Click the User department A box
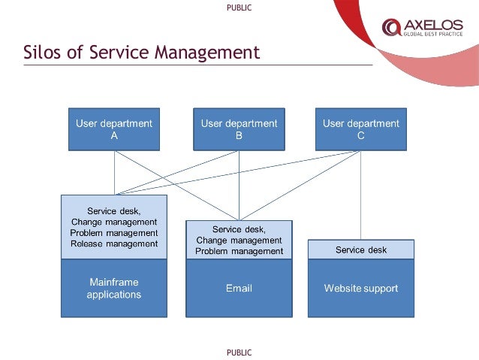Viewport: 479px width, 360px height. [x=114, y=129]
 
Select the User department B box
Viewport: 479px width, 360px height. [x=239, y=129]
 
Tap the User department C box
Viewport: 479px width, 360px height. [x=361, y=129]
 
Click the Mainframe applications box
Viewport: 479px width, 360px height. [x=114, y=288]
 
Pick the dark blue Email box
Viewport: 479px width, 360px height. [x=239, y=288]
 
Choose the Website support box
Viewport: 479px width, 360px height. [x=361, y=288]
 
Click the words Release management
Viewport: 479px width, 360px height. [x=114, y=244]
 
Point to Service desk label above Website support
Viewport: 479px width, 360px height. [x=361, y=250]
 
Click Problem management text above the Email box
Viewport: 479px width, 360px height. [x=239, y=251]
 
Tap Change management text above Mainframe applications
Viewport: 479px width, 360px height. [x=114, y=222]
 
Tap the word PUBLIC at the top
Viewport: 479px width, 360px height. [x=239, y=8]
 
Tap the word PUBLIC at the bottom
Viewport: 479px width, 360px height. [x=239, y=352]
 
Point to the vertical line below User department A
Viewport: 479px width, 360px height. [x=114, y=173]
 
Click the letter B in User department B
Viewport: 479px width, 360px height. [x=239, y=136]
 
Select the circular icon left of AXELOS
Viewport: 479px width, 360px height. [x=391, y=27]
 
